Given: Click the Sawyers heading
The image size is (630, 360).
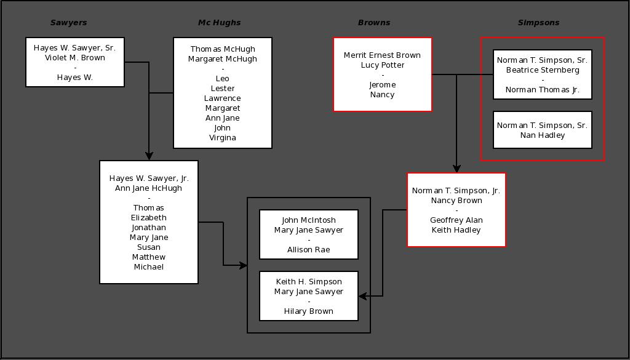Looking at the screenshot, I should click(68, 23).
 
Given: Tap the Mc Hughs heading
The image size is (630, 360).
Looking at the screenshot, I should click(219, 23).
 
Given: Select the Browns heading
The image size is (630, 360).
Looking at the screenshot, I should click(374, 23).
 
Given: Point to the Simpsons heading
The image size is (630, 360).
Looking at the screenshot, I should click(538, 23).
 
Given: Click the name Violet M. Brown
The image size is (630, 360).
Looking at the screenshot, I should click(75, 58).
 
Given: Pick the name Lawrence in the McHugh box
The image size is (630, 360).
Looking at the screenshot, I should click(223, 98).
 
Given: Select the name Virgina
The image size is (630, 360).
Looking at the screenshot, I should click(223, 138).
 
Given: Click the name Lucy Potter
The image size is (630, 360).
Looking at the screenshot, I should click(383, 65).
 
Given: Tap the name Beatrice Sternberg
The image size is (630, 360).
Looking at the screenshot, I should click(543, 70).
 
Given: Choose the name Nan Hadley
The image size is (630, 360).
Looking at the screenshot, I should click(543, 135).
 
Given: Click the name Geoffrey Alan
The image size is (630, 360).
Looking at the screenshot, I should click(457, 220).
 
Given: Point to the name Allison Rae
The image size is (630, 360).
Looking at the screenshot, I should click(309, 250).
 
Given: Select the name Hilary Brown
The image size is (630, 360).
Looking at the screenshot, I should click(309, 311).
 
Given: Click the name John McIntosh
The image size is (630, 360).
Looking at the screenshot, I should click(309, 220).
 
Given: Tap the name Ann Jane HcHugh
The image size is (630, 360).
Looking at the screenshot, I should click(149, 188).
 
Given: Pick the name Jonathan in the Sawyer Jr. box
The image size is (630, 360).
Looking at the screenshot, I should click(149, 228).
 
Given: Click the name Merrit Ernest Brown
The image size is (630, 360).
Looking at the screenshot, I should click(383, 55).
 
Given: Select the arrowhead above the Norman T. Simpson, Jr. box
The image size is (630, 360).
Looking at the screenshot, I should click(457, 168).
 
